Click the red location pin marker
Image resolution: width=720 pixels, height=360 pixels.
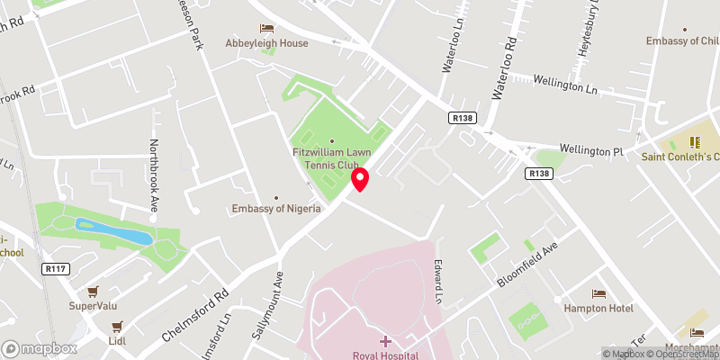pos(360,180)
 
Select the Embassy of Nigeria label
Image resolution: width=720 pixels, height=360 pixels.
pos(276,210)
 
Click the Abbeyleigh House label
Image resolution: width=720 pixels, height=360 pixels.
pos(267,43)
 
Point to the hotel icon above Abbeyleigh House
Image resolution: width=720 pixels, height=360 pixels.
pos(266,29)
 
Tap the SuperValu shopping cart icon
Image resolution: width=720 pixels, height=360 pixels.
pos(93,292)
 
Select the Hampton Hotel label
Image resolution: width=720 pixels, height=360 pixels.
pos(598,308)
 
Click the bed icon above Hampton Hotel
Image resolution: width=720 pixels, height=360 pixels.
pos(598,293)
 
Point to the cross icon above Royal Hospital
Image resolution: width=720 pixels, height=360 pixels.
pos(386,341)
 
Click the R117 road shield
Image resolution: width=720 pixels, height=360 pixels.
pos(55,267)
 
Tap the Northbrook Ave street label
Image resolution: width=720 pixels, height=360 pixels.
pos(153,175)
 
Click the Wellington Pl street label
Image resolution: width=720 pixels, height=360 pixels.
pos(590,150)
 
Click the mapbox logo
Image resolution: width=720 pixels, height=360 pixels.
pos(39,347)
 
